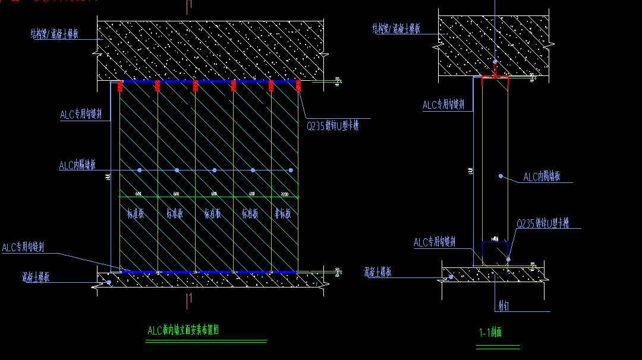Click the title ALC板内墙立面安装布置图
pyautogui.click(x=183, y=331)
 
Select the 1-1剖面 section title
pyautogui.click(x=490, y=333)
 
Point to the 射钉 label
pyautogui.click(x=503, y=307)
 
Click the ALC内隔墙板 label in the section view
pyautogui.click(x=542, y=176)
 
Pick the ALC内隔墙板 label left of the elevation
pyautogui.click(x=77, y=166)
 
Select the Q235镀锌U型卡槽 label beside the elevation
pyautogui.click(x=332, y=126)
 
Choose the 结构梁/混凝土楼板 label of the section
pyautogui.click(x=396, y=28)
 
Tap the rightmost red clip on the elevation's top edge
pyautogui.click(x=298, y=86)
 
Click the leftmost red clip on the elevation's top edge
pyautogui.click(x=120, y=86)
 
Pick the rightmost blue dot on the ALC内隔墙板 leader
pyautogui.click(x=291, y=170)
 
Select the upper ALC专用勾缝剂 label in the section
pyautogui.click(x=443, y=105)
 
